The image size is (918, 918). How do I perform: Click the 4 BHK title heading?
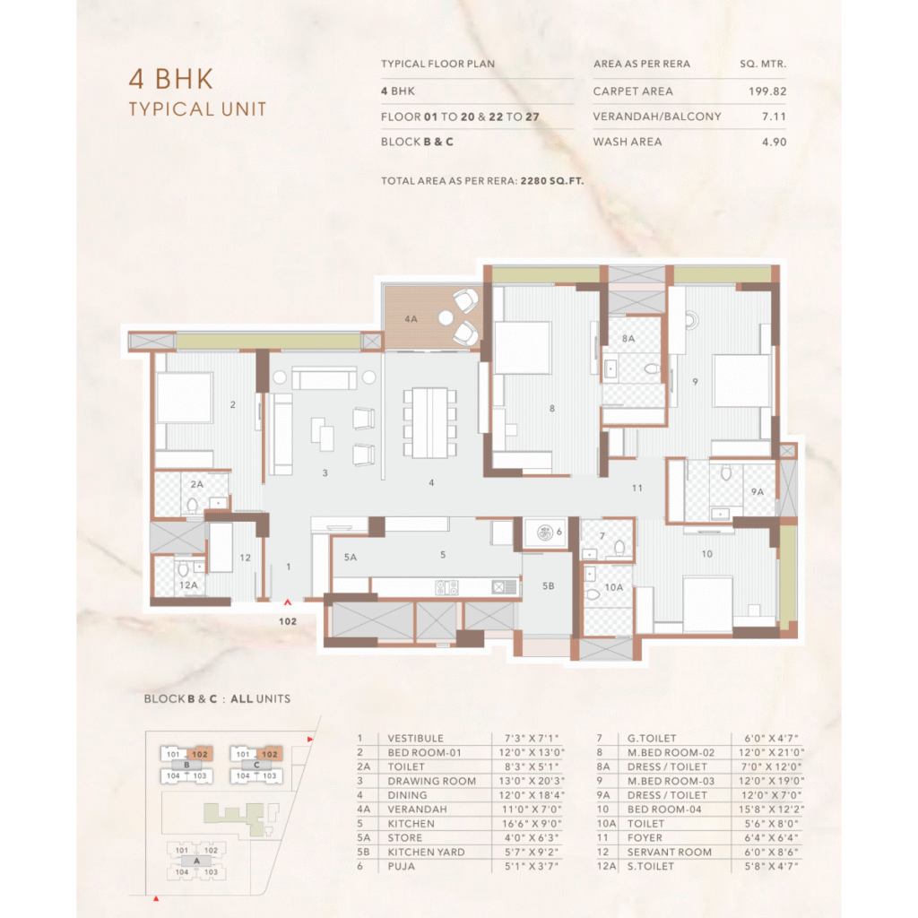tap(171, 79)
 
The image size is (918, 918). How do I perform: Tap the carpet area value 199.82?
tap(767, 91)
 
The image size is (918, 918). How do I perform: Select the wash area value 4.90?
tap(774, 142)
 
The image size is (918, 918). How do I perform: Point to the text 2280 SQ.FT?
tap(552, 181)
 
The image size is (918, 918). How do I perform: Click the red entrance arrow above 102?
tap(288, 602)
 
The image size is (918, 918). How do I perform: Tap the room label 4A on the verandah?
tap(411, 319)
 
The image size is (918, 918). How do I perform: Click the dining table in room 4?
tap(429, 422)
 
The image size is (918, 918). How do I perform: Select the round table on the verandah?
tap(446, 318)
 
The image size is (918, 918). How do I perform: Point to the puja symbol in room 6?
tap(545, 533)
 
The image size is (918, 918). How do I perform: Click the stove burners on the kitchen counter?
tap(446, 586)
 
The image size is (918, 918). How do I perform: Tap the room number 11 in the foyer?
tap(637, 488)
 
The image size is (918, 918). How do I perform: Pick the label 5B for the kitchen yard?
tap(548, 585)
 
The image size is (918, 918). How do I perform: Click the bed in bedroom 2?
tap(184, 397)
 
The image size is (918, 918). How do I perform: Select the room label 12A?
tap(188, 585)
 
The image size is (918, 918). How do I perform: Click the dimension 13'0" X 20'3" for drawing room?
tap(532, 781)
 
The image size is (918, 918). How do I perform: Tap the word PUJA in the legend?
tap(401, 866)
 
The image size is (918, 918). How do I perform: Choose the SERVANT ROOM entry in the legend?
tap(669, 852)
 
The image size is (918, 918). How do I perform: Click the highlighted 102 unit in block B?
tap(200, 754)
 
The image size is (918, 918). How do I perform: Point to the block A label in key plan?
tap(196, 861)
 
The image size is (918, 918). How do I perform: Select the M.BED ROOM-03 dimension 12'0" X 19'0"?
tap(771, 781)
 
